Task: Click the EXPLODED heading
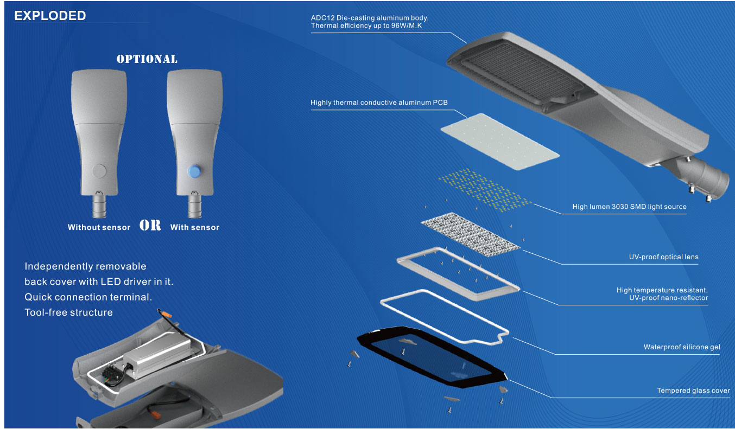tap(50, 15)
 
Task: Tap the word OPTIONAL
tap(147, 59)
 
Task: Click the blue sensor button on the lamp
tap(194, 171)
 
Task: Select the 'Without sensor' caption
tap(99, 227)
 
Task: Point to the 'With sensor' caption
tap(194, 227)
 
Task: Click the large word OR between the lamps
tap(150, 225)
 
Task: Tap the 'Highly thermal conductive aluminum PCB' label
tap(379, 103)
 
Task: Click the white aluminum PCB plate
tap(499, 141)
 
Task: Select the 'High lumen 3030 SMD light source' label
tap(629, 207)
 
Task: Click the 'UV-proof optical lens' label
tap(663, 257)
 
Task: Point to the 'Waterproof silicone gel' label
tap(682, 347)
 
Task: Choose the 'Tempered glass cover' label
tap(693, 390)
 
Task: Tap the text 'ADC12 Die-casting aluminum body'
tap(370, 18)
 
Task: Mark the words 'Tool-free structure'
tap(68, 312)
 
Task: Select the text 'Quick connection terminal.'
tap(88, 297)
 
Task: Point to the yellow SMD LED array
tap(484, 190)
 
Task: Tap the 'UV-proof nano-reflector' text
tap(668, 298)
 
